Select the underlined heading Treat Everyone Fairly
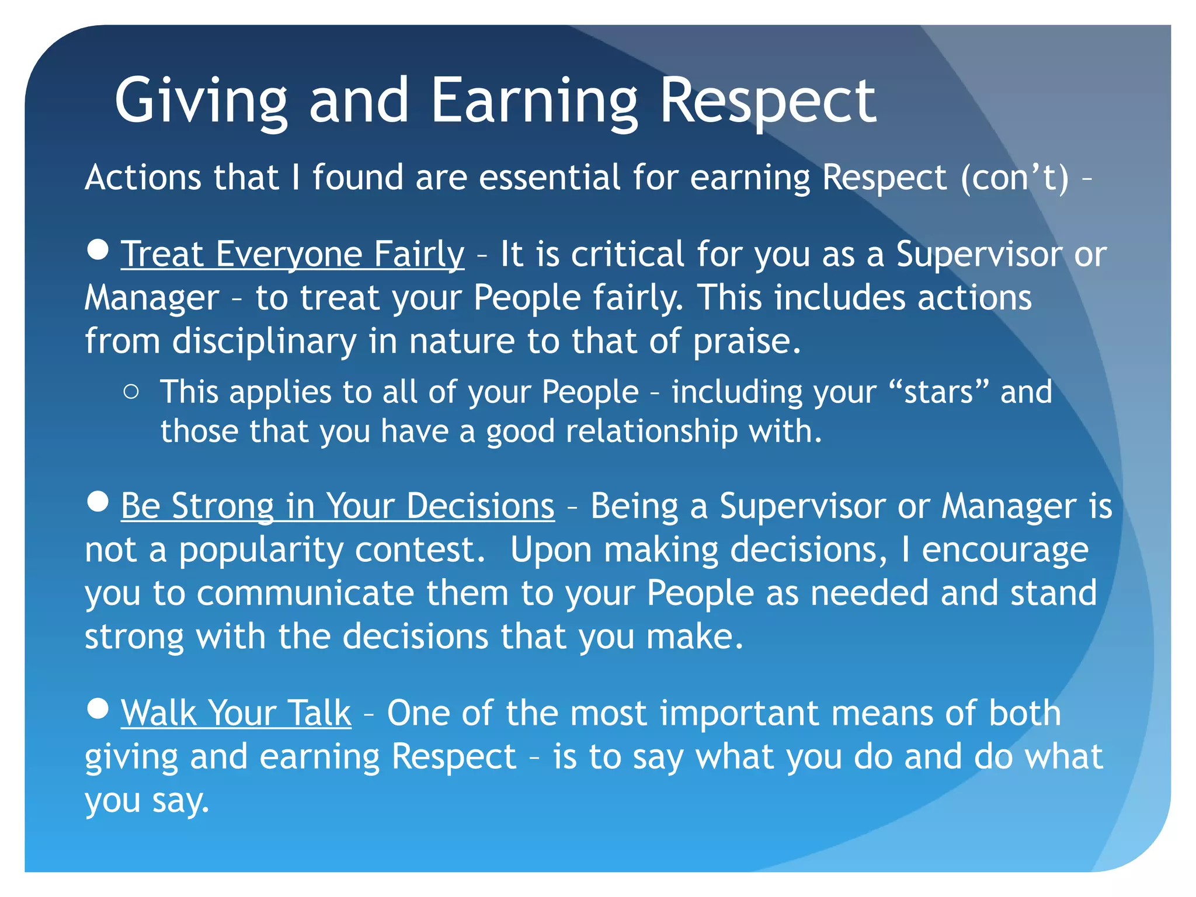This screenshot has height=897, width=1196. [293, 255]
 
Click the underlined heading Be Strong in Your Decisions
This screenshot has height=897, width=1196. [338, 506]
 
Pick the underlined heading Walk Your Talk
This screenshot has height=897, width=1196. [236, 713]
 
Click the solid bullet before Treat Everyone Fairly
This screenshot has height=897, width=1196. [98, 249]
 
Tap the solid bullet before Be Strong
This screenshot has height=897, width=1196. [98, 501]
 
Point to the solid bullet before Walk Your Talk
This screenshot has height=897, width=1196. [98, 708]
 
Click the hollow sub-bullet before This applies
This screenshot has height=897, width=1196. [131, 392]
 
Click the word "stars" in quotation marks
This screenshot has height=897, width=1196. [938, 392]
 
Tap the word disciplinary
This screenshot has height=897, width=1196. [264, 341]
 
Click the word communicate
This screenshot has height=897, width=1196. [305, 593]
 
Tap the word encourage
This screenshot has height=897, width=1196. [1004, 550]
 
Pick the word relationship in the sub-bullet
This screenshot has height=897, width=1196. [652, 432]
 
